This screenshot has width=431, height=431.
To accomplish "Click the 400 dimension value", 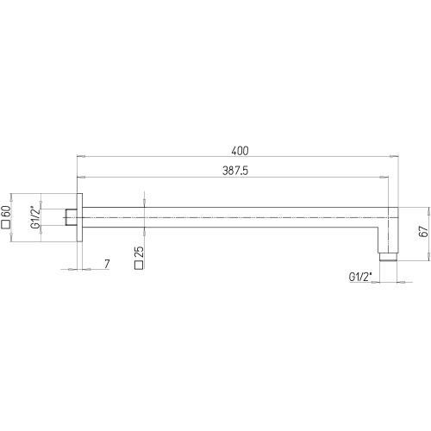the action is (x=240, y=151).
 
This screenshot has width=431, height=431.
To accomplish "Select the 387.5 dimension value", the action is (x=235, y=171).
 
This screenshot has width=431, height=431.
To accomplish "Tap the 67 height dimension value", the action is (x=423, y=231).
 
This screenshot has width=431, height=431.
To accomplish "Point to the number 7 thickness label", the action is (x=107, y=264).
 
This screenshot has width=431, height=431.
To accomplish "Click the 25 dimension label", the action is (x=139, y=253).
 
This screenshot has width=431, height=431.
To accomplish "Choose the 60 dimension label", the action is (x=6, y=212).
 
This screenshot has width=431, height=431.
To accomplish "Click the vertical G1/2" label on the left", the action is (x=36, y=217).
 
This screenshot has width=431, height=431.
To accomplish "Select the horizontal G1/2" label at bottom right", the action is (x=360, y=277).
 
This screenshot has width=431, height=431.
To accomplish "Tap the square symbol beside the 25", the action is (x=139, y=265).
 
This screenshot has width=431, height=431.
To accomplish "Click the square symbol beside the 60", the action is (x=6, y=225).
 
